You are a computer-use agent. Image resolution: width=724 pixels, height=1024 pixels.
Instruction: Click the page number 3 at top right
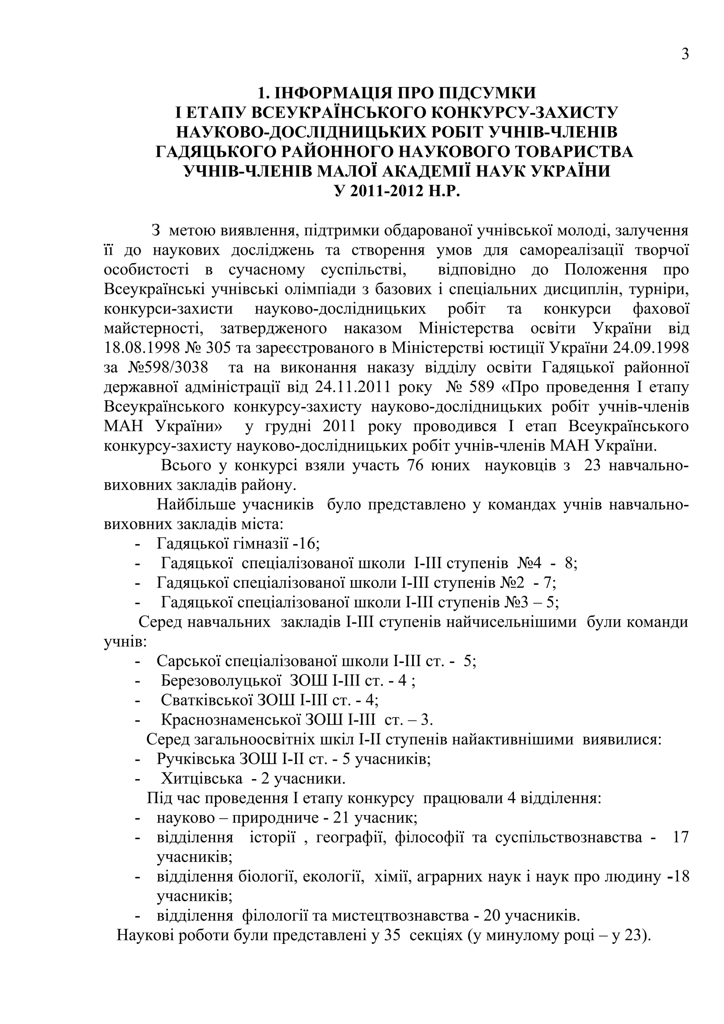(685, 54)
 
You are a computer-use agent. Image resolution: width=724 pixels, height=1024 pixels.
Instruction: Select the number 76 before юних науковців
(415, 466)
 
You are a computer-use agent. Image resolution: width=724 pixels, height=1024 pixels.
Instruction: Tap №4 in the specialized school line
(529, 563)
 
